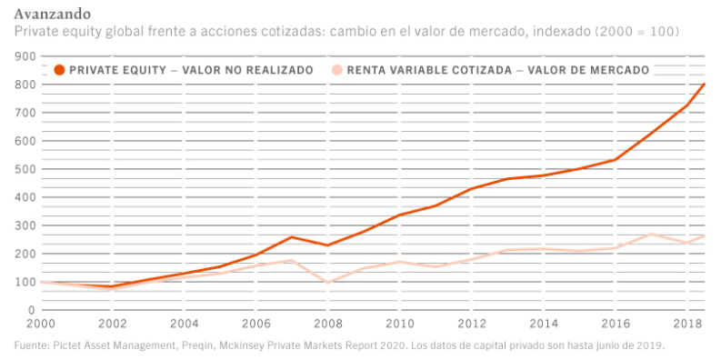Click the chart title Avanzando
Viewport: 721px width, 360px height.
coord(52,15)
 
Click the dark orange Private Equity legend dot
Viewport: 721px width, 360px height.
coord(59,69)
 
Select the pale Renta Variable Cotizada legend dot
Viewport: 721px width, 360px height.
coord(336,69)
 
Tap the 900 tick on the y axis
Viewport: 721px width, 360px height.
coord(25,56)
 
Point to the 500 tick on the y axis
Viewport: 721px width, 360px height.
coord(25,169)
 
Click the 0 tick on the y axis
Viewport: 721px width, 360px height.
coord(31,310)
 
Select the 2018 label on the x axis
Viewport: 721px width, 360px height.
coord(686,323)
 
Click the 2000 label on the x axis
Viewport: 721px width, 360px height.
coord(41,323)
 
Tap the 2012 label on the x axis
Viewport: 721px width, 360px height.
coord(471,323)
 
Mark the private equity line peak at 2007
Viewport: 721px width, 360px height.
coord(292,237)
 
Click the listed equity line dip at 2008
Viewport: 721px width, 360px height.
coord(327,283)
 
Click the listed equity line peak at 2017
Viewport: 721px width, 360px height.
coord(651,235)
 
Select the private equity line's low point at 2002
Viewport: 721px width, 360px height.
coord(112,286)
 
